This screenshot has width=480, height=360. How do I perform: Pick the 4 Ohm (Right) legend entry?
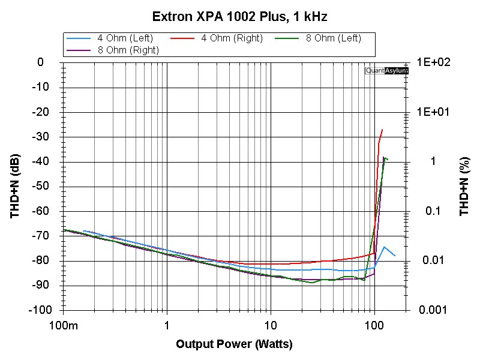(232, 38)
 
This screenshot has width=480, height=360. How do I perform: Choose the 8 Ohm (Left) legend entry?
(333, 38)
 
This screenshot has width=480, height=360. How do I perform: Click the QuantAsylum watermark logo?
(386, 70)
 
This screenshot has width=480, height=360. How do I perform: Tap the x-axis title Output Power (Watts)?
(233, 344)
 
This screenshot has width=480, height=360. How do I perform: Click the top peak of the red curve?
(382, 130)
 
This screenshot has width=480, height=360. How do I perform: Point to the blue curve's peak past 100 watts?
(384, 247)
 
